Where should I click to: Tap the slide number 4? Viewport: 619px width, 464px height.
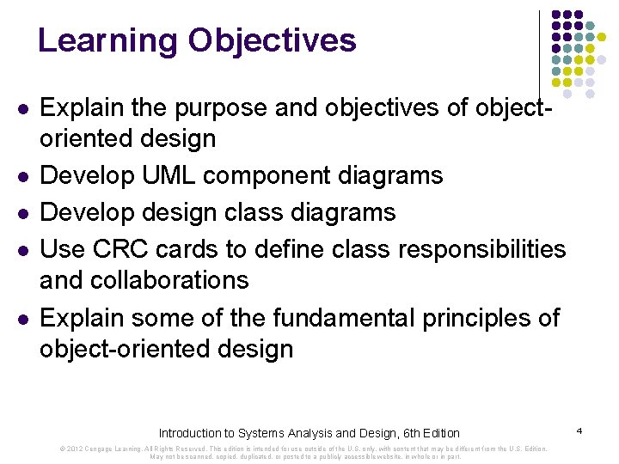[x=580, y=430]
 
